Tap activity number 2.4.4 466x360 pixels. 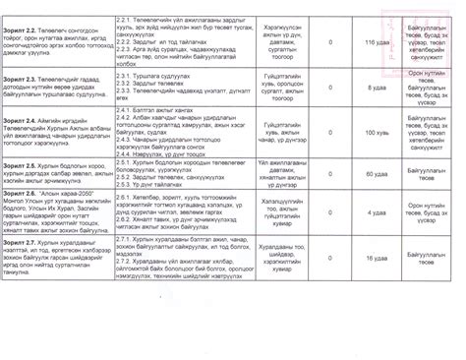[124, 155]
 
